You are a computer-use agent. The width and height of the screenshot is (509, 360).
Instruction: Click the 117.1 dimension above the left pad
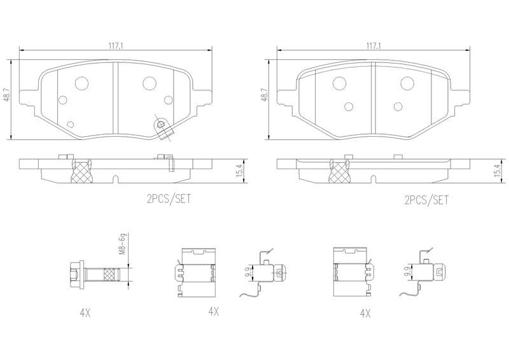pyautogui.click(x=116, y=46)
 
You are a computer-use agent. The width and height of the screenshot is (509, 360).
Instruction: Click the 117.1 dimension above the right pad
pyautogui.click(x=373, y=46)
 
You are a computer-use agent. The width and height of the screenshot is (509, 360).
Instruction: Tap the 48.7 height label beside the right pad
pyautogui.click(x=265, y=95)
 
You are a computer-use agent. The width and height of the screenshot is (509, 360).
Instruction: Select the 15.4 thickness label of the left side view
pyautogui.click(x=241, y=170)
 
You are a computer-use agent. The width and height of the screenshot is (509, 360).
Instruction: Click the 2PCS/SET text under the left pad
pyautogui.click(x=169, y=198)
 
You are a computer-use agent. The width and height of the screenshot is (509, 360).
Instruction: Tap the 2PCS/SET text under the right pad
pyautogui.click(x=426, y=200)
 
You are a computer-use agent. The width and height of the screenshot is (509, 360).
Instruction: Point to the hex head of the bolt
pyautogui.click(x=77, y=274)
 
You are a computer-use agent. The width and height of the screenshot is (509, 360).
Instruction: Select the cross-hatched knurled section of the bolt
pyautogui.click(x=111, y=274)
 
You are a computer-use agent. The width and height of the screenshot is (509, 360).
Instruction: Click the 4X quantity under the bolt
pyautogui.click(x=85, y=312)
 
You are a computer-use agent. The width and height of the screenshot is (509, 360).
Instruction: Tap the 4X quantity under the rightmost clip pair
pyautogui.click(x=365, y=314)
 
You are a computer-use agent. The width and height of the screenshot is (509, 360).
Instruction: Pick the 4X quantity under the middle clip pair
pyautogui.click(x=213, y=312)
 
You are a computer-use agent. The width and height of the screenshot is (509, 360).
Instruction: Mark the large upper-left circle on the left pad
pyautogui.click(x=81, y=83)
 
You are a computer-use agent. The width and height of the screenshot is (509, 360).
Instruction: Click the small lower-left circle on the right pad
pyautogui.click(x=349, y=106)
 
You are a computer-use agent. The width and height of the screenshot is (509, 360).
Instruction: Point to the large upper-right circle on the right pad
pyautogui.click(x=407, y=83)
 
